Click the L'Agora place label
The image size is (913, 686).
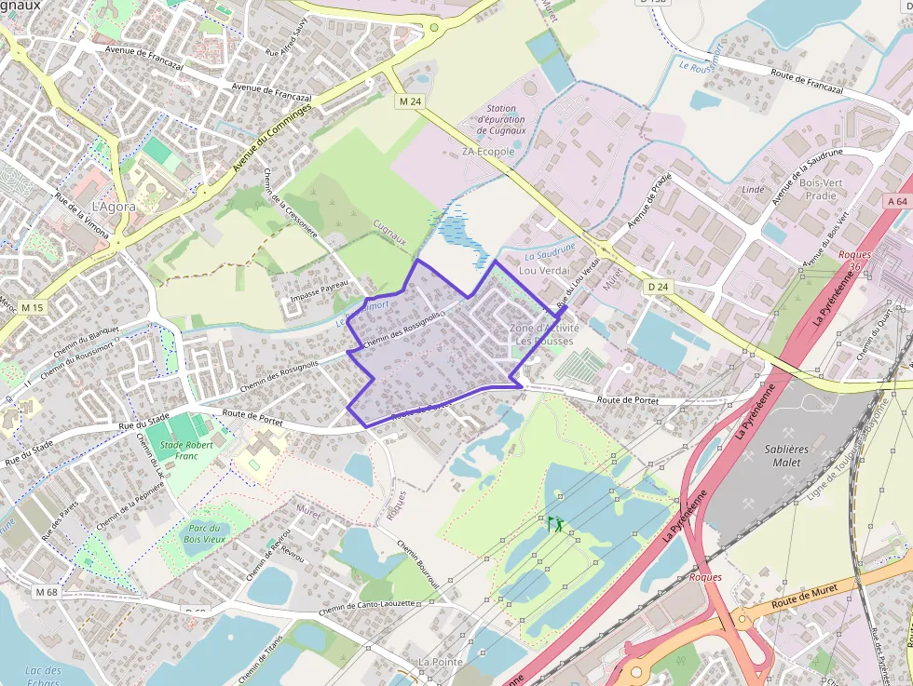(x=114, y=207)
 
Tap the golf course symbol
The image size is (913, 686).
(x=556, y=523)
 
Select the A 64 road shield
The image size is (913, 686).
(x=897, y=201)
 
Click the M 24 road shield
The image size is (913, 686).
(x=409, y=101)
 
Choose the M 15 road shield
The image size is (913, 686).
(x=33, y=307)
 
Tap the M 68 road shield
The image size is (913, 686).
(x=47, y=591)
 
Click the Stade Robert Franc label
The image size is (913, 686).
(x=183, y=451)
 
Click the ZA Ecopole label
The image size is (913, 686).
(x=488, y=152)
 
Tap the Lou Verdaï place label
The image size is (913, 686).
(x=543, y=270)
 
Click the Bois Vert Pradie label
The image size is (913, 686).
(x=819, y=189)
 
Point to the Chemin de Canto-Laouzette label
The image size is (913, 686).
(x=367, y=608)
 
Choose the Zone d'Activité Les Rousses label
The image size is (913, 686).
(x=544, y=334)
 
